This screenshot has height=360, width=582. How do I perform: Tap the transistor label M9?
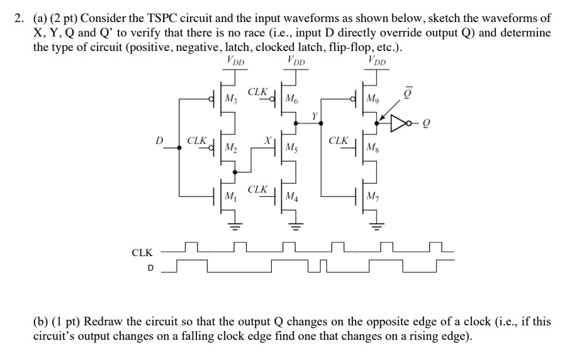point(375,99)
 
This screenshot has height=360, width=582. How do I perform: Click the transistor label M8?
point(375,149)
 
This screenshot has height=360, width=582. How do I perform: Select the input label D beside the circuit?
point(160,140)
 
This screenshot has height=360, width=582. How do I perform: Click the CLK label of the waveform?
point(142,253)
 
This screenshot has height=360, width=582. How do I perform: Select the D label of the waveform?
point(150,268)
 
